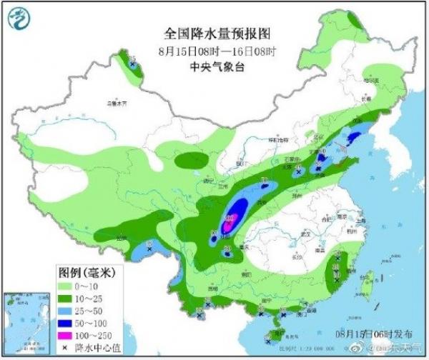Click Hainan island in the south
[x=275, y=331]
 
